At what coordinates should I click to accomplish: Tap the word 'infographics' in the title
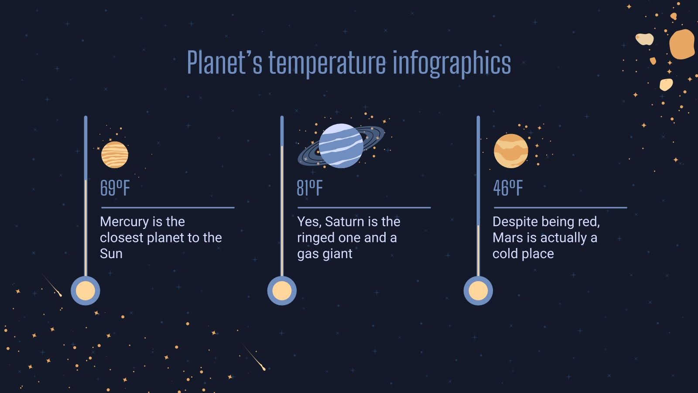(x=452, y=63)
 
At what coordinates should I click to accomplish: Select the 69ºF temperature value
(x=115, y=188)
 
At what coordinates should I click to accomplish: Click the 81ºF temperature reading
(x=310, y=188)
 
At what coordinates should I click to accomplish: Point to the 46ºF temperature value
(x=508, y=188)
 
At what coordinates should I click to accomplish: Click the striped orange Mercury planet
(x=115, y=155)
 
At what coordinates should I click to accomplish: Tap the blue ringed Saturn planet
(x=341, y=146)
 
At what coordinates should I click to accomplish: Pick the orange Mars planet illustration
(x=511, y=151)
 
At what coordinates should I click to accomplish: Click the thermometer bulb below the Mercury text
(x=86, y=291)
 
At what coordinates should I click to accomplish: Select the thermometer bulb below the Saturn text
(x=282, y=291)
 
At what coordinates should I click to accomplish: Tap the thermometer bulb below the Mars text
(x=478, y=291)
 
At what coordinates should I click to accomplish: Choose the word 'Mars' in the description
(x=506, y=238)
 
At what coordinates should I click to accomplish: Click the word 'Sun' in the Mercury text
(x=111, y=254)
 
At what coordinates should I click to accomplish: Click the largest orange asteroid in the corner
(x=681, y=44)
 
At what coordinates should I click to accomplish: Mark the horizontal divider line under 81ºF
(x=364, y=208)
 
